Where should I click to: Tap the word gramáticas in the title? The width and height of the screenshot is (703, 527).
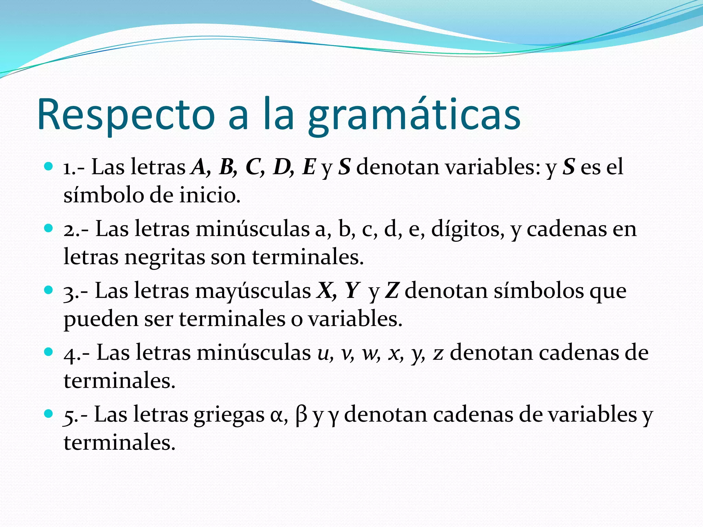(x=414, y=117)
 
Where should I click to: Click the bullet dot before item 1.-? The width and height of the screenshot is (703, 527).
(x=49, y=167)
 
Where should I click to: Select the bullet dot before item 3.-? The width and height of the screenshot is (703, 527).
(x=49, y=290)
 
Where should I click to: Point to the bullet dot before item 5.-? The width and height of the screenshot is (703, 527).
(x=49, y=414)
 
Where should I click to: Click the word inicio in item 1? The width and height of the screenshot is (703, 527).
(x=209, y=195)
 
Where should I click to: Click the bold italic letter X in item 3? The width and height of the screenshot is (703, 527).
(x=325, y=291)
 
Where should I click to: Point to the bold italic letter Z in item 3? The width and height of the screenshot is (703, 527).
(x=392, y=291)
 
